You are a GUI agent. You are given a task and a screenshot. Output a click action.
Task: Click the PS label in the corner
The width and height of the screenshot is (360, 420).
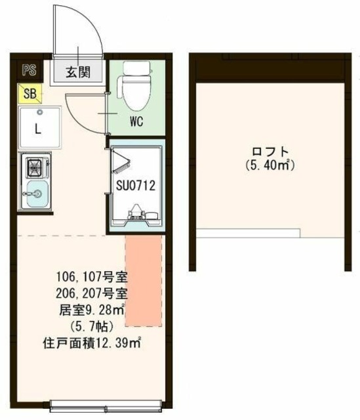tap(28, 70)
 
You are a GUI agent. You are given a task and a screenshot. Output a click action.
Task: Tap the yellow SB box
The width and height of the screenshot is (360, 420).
tap(30, 93)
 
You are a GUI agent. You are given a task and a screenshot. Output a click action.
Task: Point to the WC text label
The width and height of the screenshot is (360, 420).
tap(136, 122)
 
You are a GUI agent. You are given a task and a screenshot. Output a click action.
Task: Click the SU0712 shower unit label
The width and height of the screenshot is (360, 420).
tap(136, 186)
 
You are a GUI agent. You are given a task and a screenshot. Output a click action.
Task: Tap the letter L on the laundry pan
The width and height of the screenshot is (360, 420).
tap(37, 129)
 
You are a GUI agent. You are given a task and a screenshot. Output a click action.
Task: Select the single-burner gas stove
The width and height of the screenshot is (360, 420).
tap(35, 167)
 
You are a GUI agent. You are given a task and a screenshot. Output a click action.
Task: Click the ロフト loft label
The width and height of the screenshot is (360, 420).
tap(268, 152)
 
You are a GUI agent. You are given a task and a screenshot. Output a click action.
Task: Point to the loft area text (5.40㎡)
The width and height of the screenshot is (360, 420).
tap(268, 165)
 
